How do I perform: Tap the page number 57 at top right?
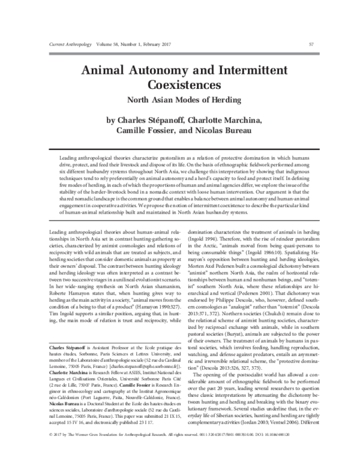coord(311,44)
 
